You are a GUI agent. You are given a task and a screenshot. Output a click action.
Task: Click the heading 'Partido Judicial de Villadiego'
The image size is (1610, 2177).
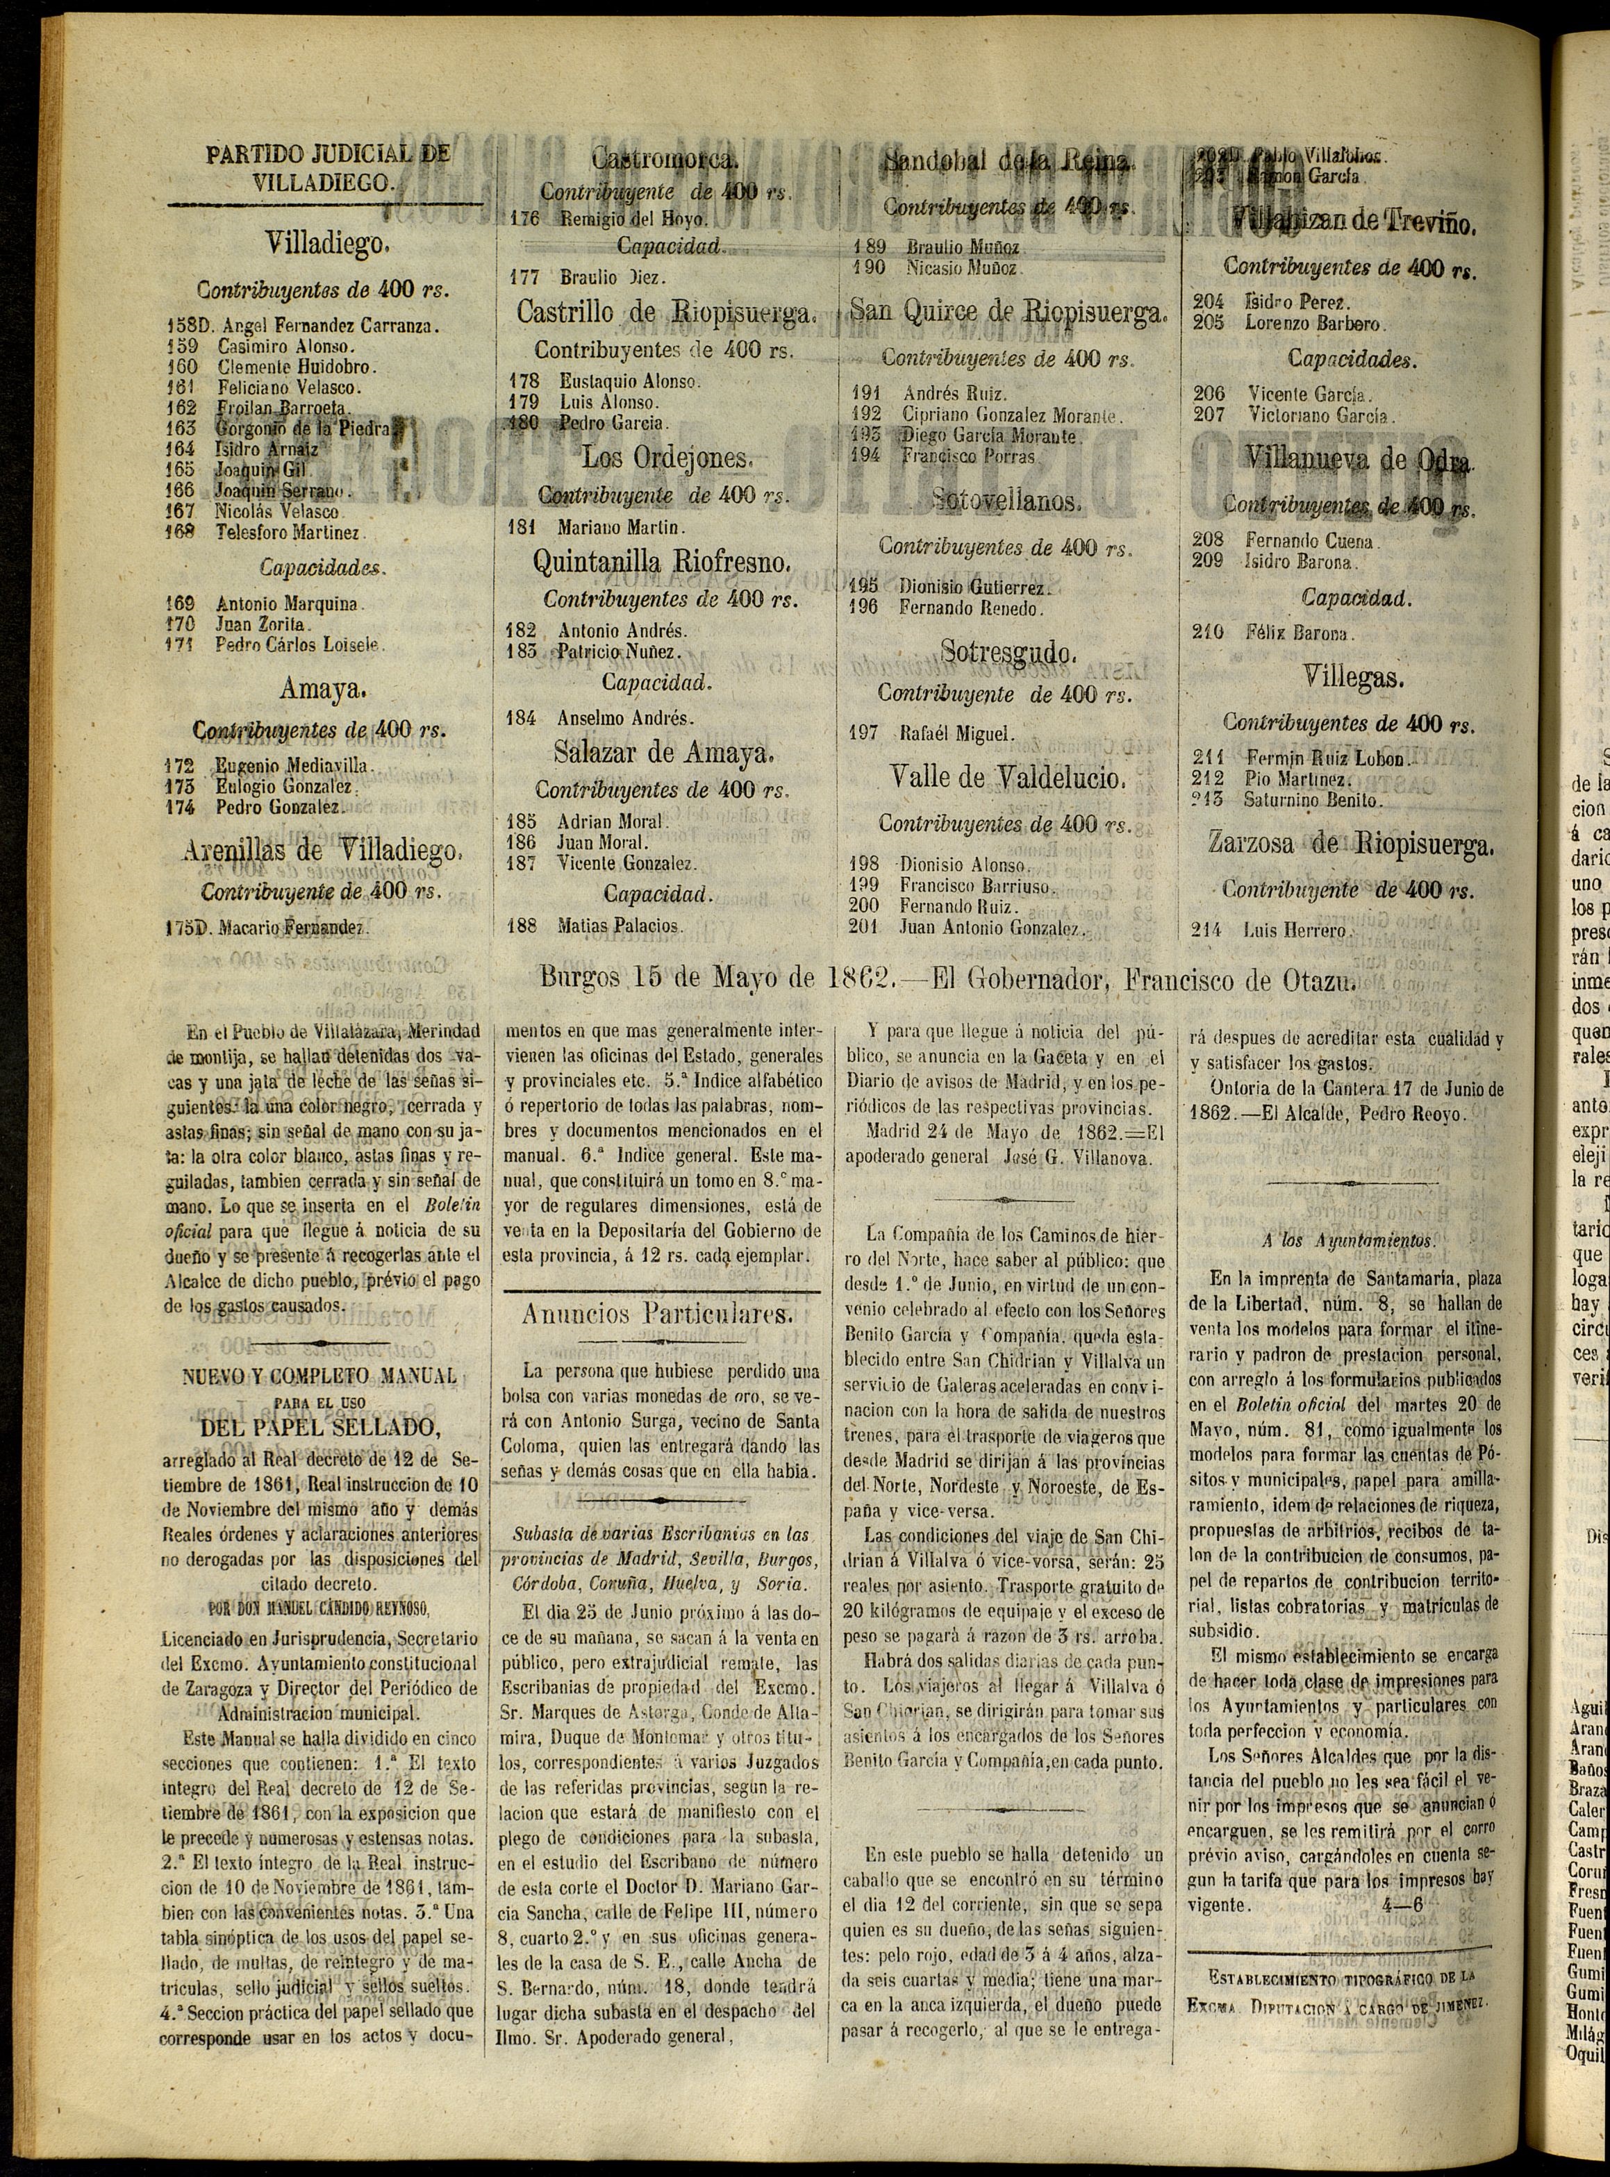coord(326,167)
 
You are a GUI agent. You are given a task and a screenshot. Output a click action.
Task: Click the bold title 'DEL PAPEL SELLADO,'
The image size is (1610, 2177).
coord(319,1428)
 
